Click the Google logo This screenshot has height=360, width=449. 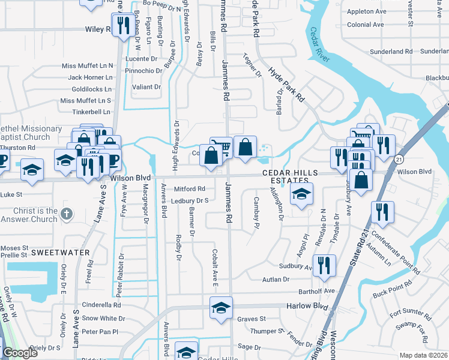pyautogui.click(x=19, y=353)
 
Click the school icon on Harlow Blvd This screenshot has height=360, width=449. pyautogui.click(x=221, y=308)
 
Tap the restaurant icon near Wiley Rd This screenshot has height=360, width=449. pyautogui.click(x=122, y=26)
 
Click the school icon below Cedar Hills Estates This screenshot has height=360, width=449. pyautogui.click(x=301, y=194)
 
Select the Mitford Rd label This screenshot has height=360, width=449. pyautogui.click(x=189, y=189)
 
